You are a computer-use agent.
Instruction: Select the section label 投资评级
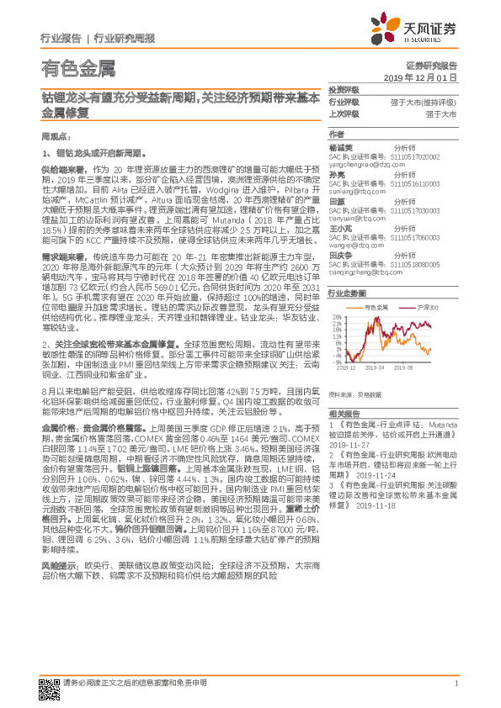coord(343,89)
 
